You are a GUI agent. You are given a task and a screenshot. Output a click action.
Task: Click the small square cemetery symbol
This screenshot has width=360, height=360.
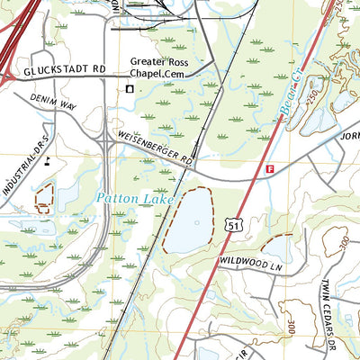(x=129, y=88)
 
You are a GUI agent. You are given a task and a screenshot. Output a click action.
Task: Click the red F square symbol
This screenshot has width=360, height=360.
(x=269, y=168)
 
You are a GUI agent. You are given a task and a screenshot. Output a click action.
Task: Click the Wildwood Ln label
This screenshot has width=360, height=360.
(x=250, y=261)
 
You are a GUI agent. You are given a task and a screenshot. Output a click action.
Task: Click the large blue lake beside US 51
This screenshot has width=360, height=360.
(x=188, y=220)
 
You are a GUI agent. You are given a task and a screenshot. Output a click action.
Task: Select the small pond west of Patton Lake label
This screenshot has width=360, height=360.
(x=43, y=198)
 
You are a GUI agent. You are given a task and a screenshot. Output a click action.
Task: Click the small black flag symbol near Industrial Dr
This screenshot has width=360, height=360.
(x=46, y=162)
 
